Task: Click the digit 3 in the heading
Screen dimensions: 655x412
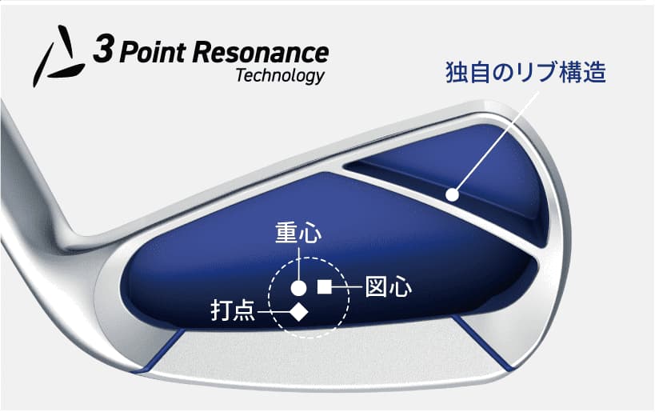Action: (102, 49)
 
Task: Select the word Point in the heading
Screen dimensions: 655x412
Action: (153, 53)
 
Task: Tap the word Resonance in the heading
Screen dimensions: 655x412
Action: (261, 53)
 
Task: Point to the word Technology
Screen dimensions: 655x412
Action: (280, 77)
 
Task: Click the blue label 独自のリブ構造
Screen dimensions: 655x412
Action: (525, 72)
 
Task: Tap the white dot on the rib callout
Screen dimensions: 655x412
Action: (452, 194)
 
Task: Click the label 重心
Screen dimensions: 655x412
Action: (298, 232)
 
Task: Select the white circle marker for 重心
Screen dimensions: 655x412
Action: (298, 288)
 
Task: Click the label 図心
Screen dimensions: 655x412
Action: (389, 287)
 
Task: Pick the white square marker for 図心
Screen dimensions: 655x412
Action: (325, 286)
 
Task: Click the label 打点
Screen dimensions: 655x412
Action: (233, 311)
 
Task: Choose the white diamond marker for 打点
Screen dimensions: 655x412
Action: (299, 312)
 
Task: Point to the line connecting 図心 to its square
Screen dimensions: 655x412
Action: (347, 286)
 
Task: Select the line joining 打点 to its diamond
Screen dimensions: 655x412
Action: (274, 312)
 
